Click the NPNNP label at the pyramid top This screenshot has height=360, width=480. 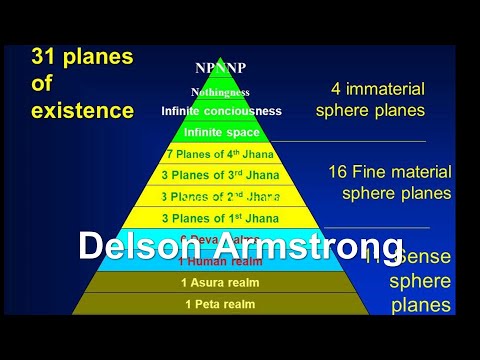point(220,68)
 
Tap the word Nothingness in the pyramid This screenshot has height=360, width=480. point(221,91)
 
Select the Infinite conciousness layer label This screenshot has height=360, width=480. point(221,111)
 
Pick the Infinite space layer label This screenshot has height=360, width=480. point(221,132)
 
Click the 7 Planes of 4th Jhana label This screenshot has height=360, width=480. point(221,154)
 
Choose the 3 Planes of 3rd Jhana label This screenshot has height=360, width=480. point(221,175)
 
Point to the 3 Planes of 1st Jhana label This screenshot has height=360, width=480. point(221,217)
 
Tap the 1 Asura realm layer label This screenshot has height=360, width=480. point(221,283)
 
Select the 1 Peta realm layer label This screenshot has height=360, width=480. point(221,304)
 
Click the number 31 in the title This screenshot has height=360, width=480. point(45,58)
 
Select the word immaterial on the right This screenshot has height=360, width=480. point(391,88)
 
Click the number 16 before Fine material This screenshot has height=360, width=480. point(339,171)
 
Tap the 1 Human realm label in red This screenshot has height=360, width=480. point(221,262)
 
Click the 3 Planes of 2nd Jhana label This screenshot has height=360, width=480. point(221,196)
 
